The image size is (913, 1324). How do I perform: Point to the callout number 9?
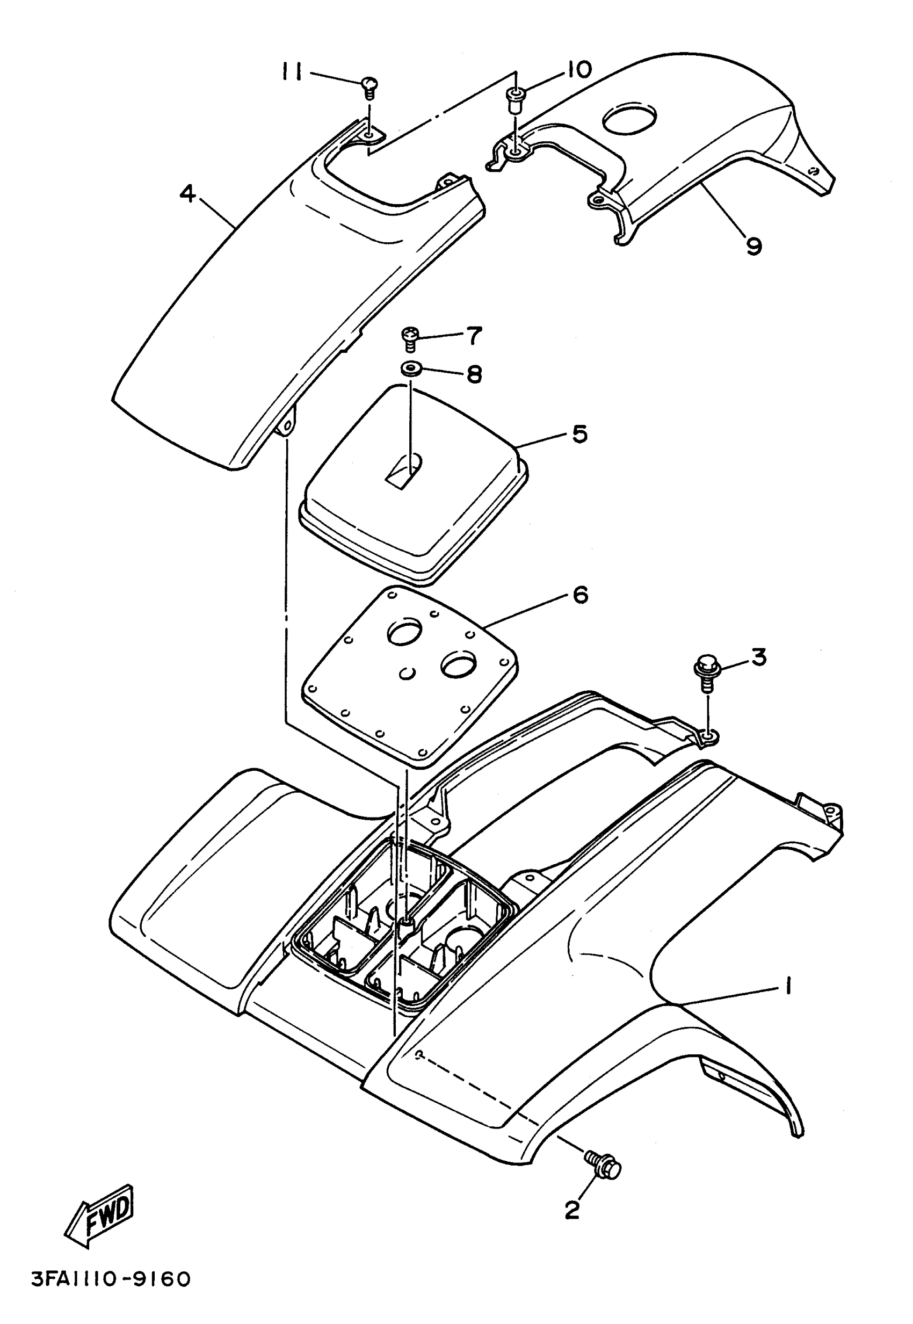tap(753, 246)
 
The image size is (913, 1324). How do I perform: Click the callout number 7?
tap(474, 335)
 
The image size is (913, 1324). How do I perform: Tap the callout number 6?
tap(579, 595)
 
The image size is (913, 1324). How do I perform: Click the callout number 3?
tap(758, 657)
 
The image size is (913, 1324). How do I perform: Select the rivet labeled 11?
tap(370, 88)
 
